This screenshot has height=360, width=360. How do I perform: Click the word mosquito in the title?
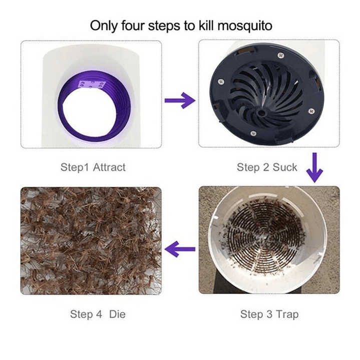point(242,25)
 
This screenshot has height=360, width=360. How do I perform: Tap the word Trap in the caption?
point(286,314)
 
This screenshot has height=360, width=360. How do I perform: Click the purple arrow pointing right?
point(180,101)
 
